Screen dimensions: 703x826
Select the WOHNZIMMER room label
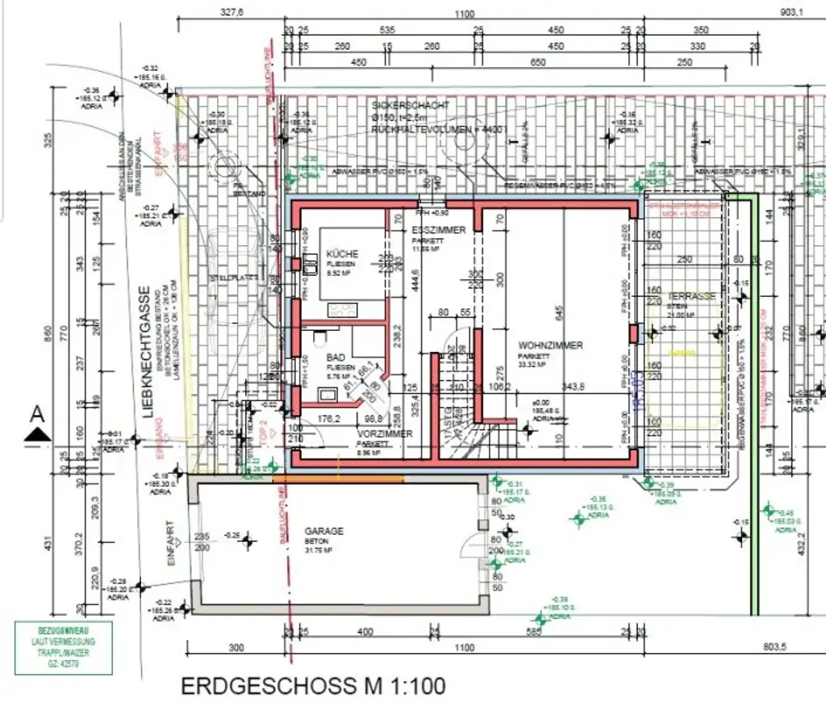(550, 345)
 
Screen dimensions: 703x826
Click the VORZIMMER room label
(385, 434)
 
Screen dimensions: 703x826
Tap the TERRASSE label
(691, 296)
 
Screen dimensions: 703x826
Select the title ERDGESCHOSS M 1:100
(312, 687)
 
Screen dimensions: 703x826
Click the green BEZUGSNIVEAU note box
(63, 648)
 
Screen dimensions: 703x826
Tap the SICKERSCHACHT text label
(409, 106)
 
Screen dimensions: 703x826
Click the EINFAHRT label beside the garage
(170, 548)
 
